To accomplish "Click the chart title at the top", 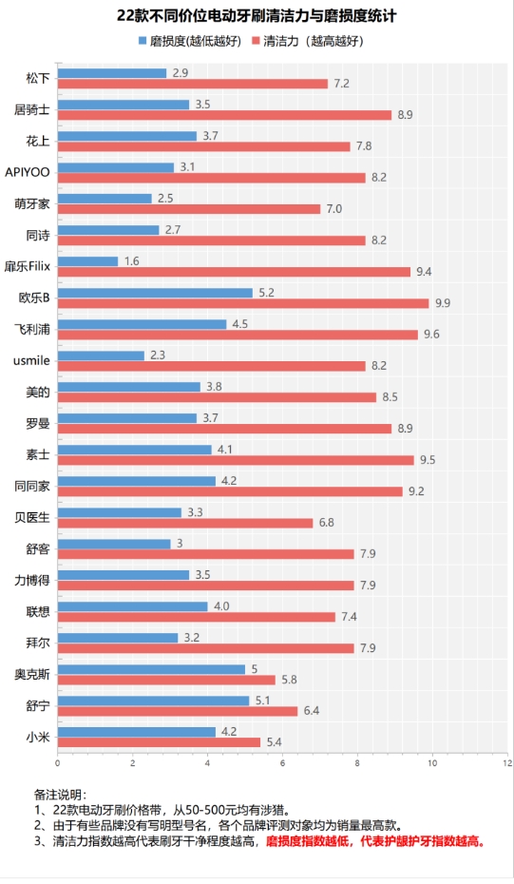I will [x=257, y=16].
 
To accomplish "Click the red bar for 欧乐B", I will [x=242, y=303].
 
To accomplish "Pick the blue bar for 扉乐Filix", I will [x=87, y=260].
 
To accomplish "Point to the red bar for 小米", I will [x=159, y=741].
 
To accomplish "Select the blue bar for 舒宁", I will [x=153, y=701].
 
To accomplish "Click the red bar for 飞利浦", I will [x=238, y=335].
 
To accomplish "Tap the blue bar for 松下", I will [x=112, y=73].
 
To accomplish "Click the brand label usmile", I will [x=32, y=361].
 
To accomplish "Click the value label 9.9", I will [x=443, y=303].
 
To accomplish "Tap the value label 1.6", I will [x=133, y=260].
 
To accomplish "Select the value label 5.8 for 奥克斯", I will [x=289, y=680].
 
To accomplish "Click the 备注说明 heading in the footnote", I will [x=60, y=795].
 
